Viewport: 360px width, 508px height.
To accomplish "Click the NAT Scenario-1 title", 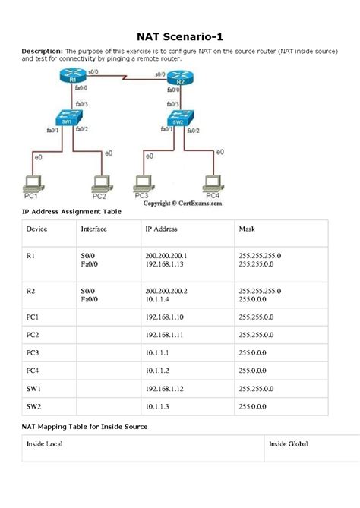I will pos(179,36).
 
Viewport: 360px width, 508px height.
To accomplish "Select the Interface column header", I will pos(93,228).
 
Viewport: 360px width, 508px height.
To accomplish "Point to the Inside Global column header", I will pos(288,443).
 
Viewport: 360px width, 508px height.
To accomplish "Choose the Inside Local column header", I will pos(45,443).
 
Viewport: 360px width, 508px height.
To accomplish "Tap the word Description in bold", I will pos(41,51).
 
